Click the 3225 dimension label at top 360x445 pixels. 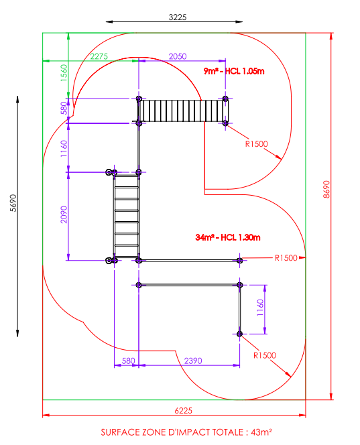coord(178,17)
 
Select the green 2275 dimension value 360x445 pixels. coord(99,56)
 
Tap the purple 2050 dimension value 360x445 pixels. coord(178,56)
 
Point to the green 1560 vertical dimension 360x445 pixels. coord(64,72)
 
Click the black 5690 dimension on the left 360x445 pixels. coord(13,203)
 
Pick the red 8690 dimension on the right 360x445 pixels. coord(326,189)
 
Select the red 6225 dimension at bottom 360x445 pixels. coord(183,410)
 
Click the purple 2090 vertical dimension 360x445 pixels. coord(64,214)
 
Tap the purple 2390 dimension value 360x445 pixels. coord(193,361)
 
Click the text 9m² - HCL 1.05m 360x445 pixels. coord(234,71)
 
